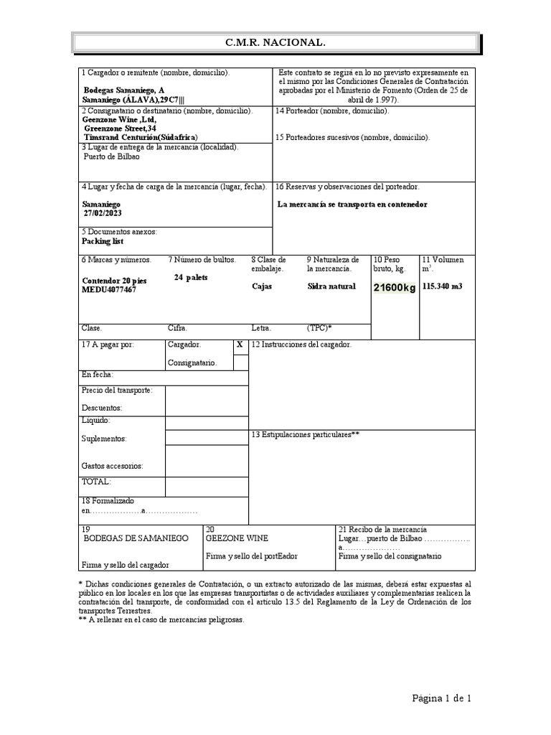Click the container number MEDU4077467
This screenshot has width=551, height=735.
point(108,290)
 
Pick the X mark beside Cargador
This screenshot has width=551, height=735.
point(240,345)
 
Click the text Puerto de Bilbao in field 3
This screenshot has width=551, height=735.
point(112,156)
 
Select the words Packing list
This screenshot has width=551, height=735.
point(103,242)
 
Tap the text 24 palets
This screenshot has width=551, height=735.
point(191,278)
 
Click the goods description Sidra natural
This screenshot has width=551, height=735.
point(331,286)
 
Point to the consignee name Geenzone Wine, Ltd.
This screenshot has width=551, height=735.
point(120,120)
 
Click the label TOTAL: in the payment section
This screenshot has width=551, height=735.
point(97,482)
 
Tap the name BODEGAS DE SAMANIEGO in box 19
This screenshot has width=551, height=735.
point(136,538)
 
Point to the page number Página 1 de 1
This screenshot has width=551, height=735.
point(441,698)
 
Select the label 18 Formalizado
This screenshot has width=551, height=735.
point(108,500)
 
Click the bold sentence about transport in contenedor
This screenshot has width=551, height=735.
point(352,204)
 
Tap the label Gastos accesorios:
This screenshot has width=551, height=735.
point(113,466)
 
